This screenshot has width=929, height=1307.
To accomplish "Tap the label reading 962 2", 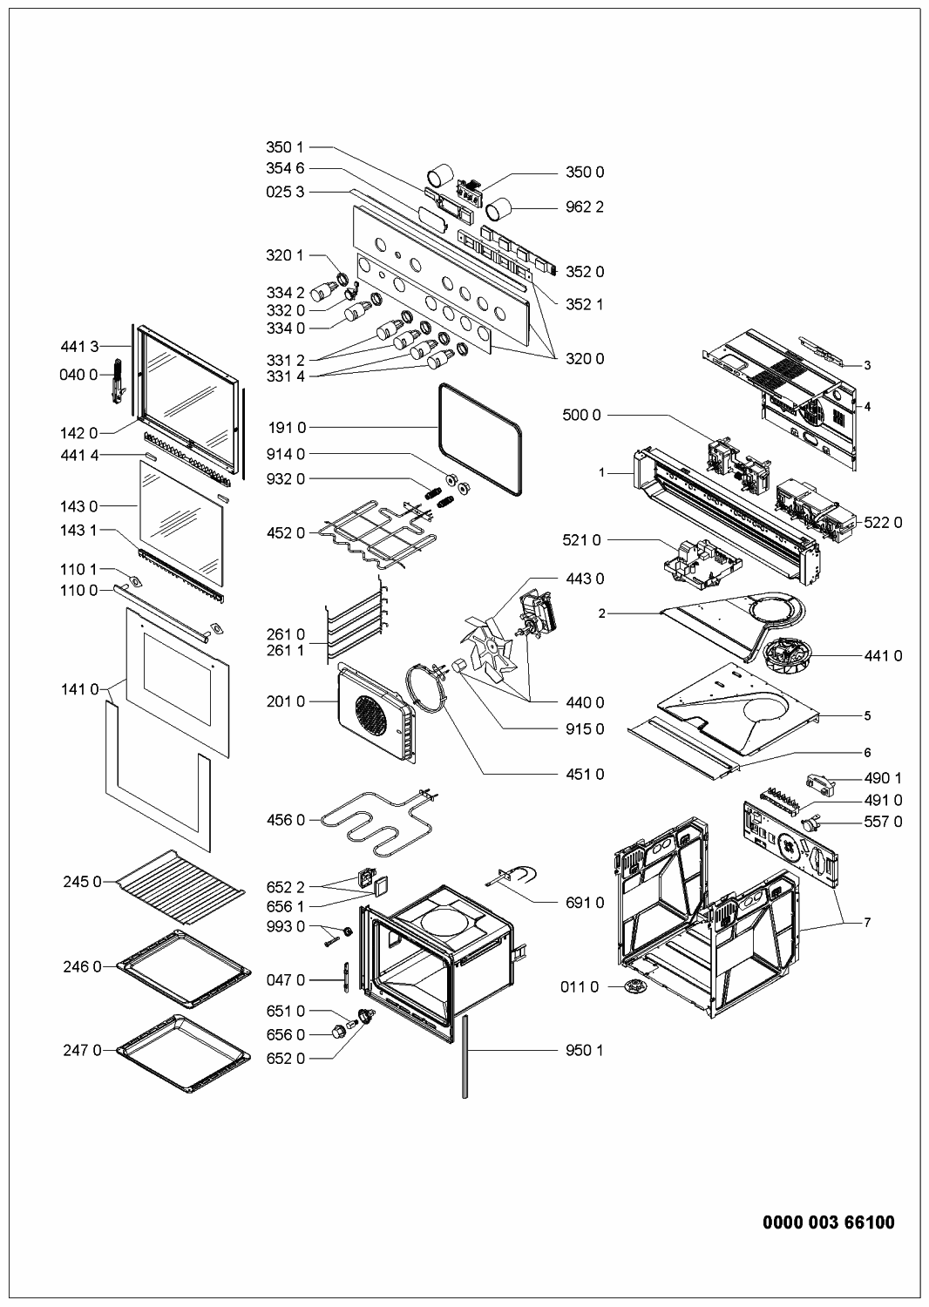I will (x=585, y=207).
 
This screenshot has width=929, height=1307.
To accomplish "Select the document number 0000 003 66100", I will (x=828, y=1223).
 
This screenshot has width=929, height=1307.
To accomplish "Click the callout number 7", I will (x=866, y=922).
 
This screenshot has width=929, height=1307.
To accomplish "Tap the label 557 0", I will (x=883, y=822).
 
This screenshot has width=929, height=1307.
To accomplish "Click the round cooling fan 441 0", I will (x=787, y=653).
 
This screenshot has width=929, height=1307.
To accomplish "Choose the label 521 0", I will (x=581, y=541).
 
